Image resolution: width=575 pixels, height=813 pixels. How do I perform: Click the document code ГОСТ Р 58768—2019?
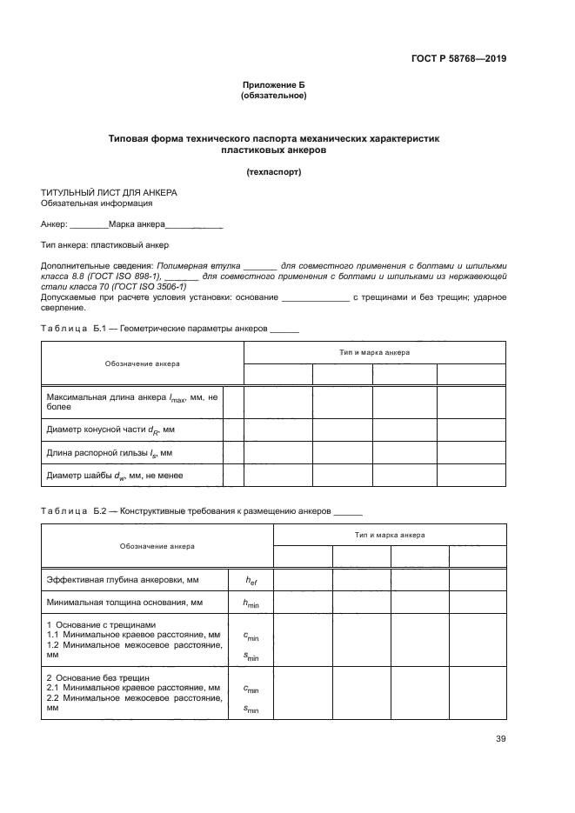(x=458, y=59)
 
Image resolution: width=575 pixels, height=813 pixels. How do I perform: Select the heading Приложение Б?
(x=273, y=84)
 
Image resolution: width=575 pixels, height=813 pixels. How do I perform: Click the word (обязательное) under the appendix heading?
(x=273, y=95)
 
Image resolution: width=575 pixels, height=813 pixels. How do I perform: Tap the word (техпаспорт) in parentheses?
(x=273, y=171)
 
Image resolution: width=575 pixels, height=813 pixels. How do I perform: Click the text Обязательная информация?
(x=97, y=203)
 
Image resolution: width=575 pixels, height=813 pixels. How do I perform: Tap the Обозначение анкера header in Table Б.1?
(x=143, y=363)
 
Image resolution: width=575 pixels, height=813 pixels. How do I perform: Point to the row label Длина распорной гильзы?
(x=109, y=453)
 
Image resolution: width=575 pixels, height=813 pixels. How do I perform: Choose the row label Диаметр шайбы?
(x=114, y=476)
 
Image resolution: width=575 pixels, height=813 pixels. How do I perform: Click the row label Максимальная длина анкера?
(x=130, y=401)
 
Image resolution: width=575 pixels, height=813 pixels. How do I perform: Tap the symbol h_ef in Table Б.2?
(x=251, y=579)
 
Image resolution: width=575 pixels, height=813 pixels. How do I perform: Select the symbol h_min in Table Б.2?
(x=251, y=603)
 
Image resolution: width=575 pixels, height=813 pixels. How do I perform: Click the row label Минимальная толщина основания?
(x=124, y=602)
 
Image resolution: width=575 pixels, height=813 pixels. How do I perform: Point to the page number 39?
(x=500, y=739)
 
